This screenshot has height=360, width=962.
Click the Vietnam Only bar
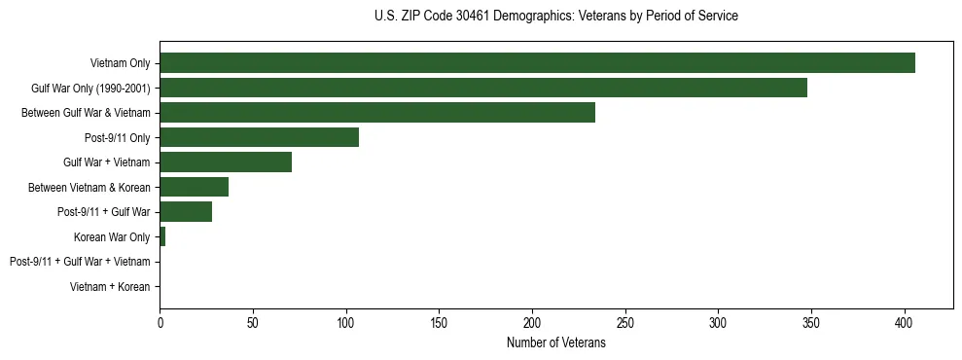537,63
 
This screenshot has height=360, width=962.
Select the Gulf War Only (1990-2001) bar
483,88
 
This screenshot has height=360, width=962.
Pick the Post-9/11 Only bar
259,137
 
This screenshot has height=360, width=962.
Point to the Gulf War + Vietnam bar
226,162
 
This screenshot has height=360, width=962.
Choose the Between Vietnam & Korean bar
195,187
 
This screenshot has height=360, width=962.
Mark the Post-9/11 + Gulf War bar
186,212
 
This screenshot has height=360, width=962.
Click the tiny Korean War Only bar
162,236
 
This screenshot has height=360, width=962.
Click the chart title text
555,17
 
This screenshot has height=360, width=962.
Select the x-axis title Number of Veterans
555,343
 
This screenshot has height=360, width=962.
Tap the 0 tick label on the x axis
160,322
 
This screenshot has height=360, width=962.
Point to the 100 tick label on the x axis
346,322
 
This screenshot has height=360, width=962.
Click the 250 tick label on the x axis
625,322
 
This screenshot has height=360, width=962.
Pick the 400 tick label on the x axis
905,322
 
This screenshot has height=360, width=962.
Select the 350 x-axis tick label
811,322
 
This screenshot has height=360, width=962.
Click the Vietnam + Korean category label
110,287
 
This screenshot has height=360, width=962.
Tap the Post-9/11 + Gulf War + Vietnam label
80,262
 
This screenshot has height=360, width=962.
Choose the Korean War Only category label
112,237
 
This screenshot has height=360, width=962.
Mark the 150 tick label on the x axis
439,322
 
